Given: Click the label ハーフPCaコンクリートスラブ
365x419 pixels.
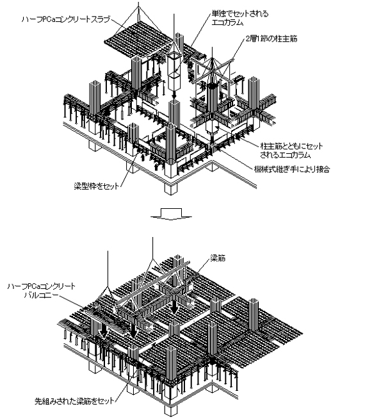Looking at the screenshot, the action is point(66,19).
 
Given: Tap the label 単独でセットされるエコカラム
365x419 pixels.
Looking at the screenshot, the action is point(239,18).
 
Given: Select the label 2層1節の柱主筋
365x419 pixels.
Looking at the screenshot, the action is point(272,39).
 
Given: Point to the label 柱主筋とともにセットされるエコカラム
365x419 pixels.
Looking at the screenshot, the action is point(291,151).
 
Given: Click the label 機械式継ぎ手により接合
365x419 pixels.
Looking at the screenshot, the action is point(292,169).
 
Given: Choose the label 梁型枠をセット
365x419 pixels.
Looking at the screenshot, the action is point(97,186).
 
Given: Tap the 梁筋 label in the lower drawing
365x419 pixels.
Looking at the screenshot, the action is point(218,258).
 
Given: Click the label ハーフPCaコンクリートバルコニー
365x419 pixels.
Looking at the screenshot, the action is point(42,291).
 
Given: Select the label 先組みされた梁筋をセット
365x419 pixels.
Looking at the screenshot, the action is point(74,401).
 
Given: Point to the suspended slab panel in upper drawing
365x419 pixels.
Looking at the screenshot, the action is point(140,42).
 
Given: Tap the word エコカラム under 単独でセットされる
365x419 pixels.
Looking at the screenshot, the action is point(227,22).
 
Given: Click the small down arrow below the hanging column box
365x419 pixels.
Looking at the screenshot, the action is point(174,94).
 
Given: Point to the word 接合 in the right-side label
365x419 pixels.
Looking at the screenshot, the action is point(323,169).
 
